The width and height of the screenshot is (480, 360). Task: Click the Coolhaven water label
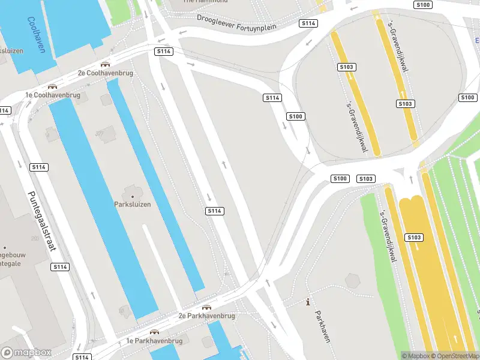click(x=35, y=35)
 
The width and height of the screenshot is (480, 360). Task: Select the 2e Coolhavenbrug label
click(x=105, y=73)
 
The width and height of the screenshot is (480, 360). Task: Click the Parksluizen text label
click(x=133, y=204)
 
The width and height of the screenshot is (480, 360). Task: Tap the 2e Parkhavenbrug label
click(x=206, y=315)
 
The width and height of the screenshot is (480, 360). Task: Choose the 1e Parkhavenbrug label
click(x=154, y=341)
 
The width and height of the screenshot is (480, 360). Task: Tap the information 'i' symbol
click(x=308, y=302)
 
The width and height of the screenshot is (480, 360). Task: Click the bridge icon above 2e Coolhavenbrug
click(x=106, y=64)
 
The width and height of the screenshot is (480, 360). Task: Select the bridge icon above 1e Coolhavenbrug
click(x=52, y=86)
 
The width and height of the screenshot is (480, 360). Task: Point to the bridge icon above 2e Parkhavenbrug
click(x=207, y=307)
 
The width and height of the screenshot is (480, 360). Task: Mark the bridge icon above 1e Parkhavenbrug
click(x=155, y=332)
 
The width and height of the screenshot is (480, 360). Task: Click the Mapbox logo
click(x=26, y=353)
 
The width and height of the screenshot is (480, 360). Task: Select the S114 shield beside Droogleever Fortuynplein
click(x=308, y=23)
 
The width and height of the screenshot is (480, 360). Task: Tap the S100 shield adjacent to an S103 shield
click(x=340, y=178)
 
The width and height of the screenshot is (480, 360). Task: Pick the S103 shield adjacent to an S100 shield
click(x=366, y=179)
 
